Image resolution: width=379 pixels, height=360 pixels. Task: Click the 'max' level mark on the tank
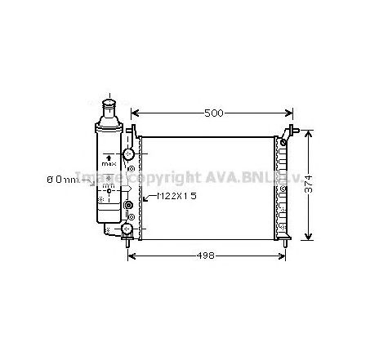pos(109,164)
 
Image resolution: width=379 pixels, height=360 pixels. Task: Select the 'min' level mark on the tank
pos(107,188)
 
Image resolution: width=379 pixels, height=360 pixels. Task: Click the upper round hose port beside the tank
pos(129,154)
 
